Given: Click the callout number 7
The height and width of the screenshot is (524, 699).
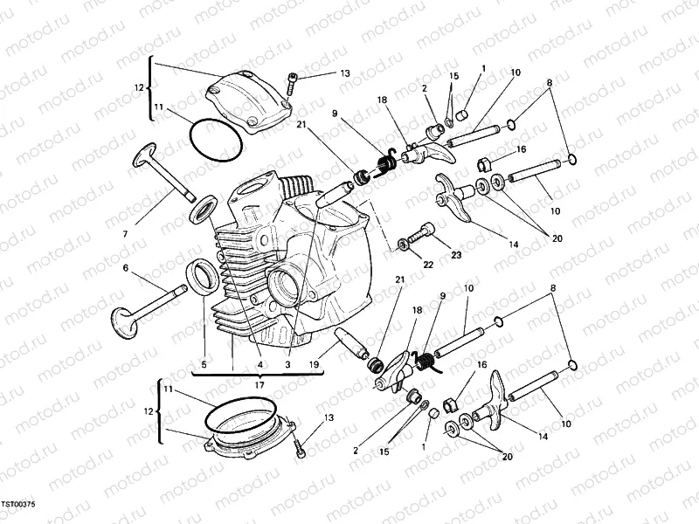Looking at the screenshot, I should click(x=126, y=234).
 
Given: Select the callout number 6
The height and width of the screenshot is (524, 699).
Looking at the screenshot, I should click(x=126, y=270).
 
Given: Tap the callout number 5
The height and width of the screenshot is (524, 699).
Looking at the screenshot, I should click(x=204, y=364).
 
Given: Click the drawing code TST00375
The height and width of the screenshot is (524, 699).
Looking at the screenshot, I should click(x=17, y=505).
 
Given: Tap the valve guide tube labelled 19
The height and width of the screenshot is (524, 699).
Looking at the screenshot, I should click(x=351, y=343).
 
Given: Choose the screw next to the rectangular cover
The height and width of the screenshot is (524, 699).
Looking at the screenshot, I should click(x=291, y=85).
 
